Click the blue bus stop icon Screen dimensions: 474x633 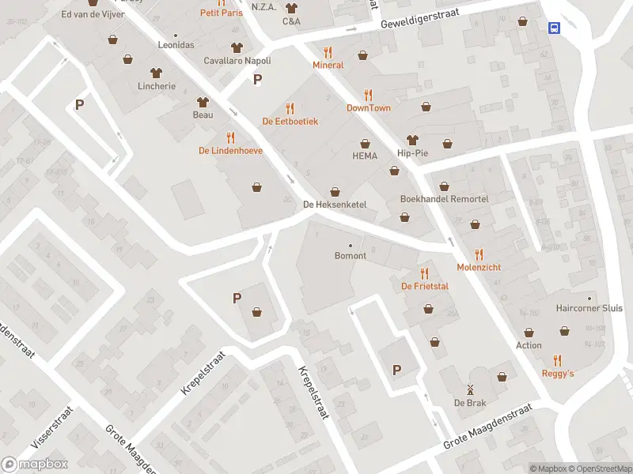[555, 28]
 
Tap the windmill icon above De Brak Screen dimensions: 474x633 [469, 389]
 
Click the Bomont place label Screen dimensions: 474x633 [351, 256]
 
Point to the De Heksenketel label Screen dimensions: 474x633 [335, 205]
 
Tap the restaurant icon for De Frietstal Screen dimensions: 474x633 [425, 273]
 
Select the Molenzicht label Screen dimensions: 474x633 [479, 268]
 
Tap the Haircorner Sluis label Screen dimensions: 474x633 [589, 308]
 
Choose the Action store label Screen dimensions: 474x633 [529, 345]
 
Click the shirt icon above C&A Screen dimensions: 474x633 [291, 8]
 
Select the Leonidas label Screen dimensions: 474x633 [176, 45]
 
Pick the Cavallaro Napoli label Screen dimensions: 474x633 [237, 61]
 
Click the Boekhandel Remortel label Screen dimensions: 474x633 [444, 199]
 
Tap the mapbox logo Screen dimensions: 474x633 [34, 465]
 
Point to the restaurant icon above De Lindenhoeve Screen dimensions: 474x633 [230, 137]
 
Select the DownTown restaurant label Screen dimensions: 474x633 [369, 108]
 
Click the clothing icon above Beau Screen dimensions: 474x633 [203, 102]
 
